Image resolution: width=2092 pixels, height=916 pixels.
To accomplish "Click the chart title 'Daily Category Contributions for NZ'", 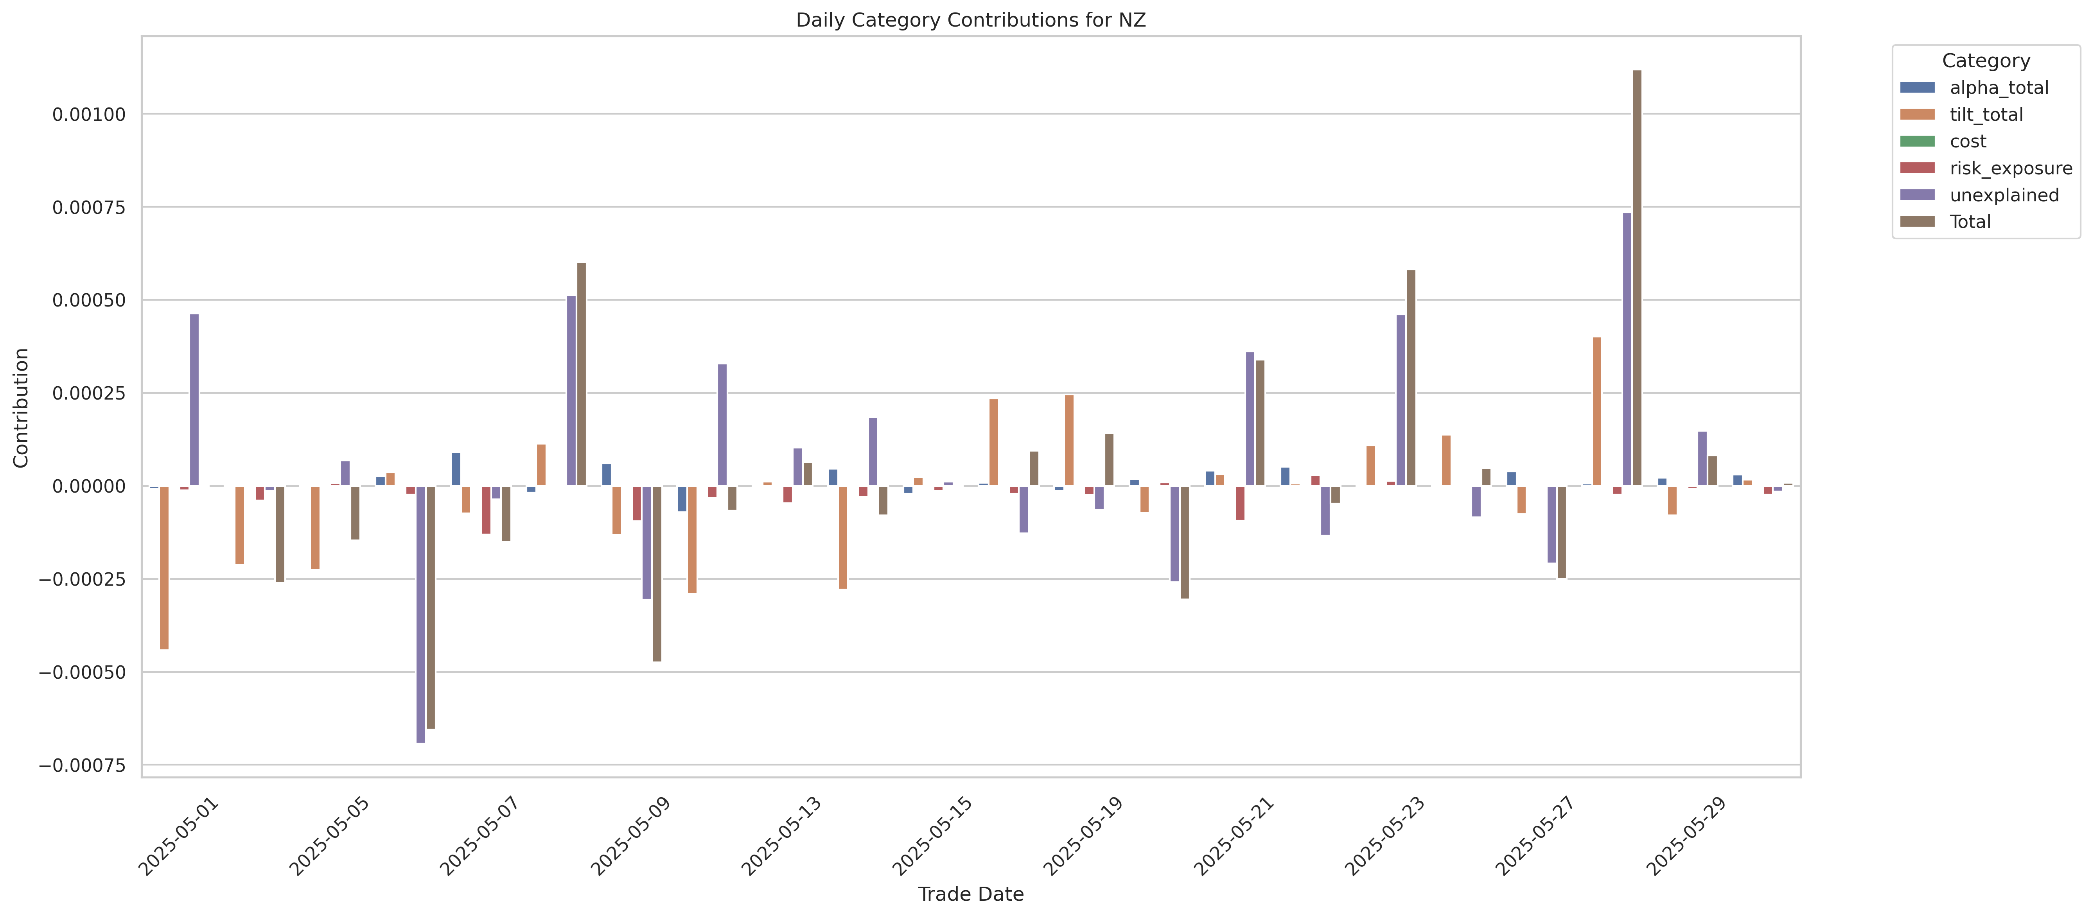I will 970,20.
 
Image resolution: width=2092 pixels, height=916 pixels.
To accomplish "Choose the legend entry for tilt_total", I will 1986,115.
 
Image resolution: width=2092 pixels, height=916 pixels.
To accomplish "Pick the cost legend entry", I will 1968,141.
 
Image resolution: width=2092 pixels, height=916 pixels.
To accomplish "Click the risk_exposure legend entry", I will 2010,168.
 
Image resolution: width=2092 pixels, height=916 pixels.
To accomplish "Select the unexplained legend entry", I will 2004,195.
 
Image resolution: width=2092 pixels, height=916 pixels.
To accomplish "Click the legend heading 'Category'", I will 1986,61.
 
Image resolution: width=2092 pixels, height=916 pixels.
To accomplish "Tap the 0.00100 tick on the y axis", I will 89,115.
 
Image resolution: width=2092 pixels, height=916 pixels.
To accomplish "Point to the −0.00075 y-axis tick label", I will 83,765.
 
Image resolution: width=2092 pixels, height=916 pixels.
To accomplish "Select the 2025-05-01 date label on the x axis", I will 179,836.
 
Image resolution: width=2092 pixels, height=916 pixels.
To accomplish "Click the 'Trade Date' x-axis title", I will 970,894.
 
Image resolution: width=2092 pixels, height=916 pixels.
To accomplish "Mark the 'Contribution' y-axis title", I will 21,408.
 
